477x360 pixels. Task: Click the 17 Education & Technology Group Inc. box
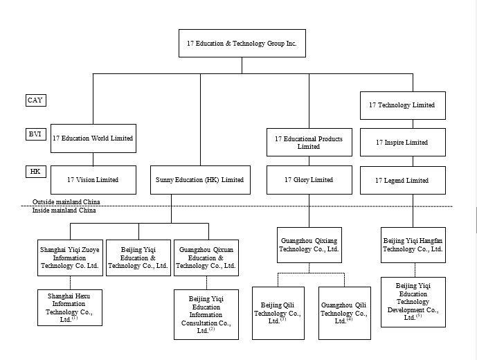click(242, 43)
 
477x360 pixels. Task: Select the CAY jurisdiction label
click(35, 100)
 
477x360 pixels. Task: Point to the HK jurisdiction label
click(35, 170)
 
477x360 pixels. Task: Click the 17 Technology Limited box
click(402, 105)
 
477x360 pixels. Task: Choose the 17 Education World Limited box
click(92, 138)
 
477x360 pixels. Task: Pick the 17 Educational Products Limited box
click(308, 143)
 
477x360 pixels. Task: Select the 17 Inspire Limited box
click(402, 143)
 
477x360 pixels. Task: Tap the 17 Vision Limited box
click(92, 180)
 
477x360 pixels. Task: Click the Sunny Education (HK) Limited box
click(200, 180)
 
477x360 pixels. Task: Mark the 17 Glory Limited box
click(308, 180)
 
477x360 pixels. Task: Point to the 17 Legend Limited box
click(402, 181)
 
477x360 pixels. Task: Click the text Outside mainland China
click(66, 202)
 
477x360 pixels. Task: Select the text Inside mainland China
click(64, 210)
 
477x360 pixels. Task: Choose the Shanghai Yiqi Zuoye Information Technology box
click(70, 257)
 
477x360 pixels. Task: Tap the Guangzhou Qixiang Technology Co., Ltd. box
click(309, 244)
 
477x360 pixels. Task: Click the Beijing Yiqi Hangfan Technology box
click(413, 244)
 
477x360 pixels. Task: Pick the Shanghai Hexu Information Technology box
click(69, 307)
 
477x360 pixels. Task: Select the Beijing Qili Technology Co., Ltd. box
click(278, 313)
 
